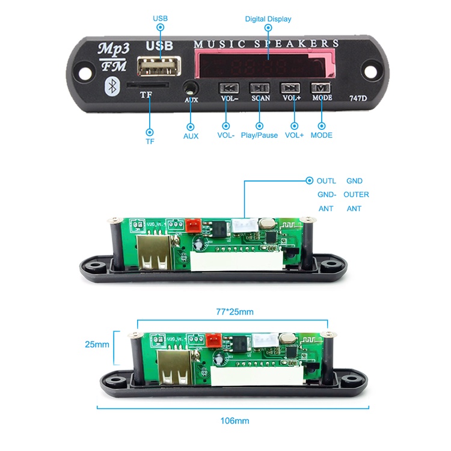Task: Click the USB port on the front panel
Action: click(x=159, y=66)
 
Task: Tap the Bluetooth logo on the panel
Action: click(x=111, y=86)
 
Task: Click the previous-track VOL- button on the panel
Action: click(x=229, y=88)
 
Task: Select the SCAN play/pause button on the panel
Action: click(x=260, y=88)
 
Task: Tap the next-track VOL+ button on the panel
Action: click(x=292, y=88)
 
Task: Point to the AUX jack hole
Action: click(x=191, y=89)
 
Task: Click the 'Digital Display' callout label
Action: click(x=268, y=19)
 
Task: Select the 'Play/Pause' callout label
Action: click(x=259, y=135)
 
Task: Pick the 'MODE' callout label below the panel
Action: click(x=322, y=135)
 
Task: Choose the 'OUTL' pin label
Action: click(x=327, y=180)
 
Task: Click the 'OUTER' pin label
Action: click(x=356, y=194)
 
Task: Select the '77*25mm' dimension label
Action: click(x=235, y=312)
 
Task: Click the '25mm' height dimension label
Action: click(x=97, y=345)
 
